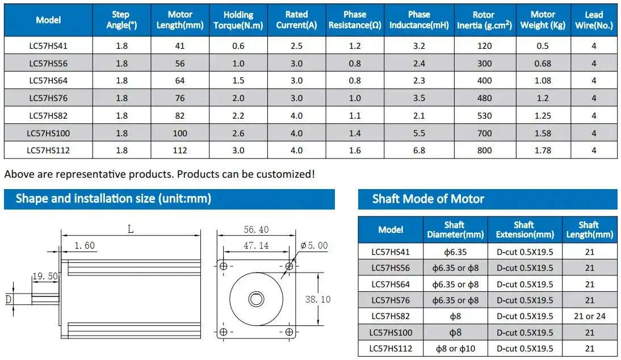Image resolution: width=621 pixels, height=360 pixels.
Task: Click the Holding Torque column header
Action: pyautogui.click(x=238, y=20)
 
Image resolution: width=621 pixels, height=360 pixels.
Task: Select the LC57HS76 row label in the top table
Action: pyautogui.click(x=48, y=98)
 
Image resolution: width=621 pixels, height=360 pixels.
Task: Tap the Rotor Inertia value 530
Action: pyautogui.click(x=484, y=116)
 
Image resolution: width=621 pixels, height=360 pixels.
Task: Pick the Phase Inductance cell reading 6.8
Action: pyautogui.click(x=419, y=150)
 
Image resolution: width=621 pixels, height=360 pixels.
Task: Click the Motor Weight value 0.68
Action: pyautogui.click(x=543, y=64)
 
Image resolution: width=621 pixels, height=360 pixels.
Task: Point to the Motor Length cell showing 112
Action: pyautogui.click(x=180, y=150)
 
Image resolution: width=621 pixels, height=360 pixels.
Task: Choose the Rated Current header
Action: pyautogui.click(x=297, y=20)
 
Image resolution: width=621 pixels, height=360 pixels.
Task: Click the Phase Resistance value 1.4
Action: pyautogui.click(x=355, y=133)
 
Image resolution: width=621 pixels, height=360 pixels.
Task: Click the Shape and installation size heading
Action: pyautogui.click(x=114, y=198)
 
